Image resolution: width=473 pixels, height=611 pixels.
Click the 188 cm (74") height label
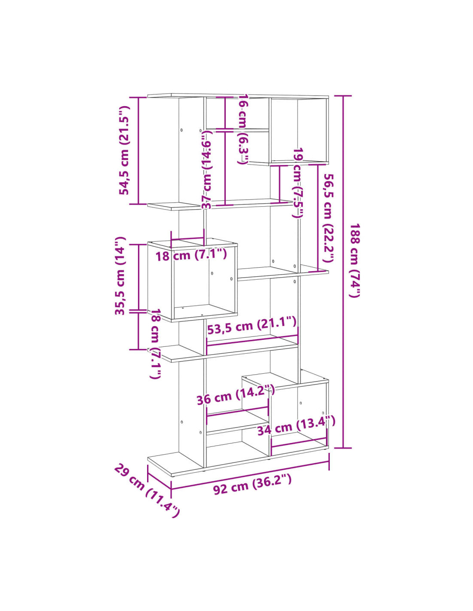[355, 260]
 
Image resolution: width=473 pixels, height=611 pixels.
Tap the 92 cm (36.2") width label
[252, 487]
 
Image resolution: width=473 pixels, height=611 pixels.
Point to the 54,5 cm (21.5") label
[124, 150]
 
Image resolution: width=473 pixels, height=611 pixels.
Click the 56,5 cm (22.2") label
[329, 218]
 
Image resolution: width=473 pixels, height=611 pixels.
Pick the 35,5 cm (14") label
[120, 276]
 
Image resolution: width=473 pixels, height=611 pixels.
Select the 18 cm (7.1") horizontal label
[191, 255]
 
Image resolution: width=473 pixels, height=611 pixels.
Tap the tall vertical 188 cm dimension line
[343, 272]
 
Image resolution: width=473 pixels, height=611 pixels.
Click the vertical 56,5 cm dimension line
[318, 218]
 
